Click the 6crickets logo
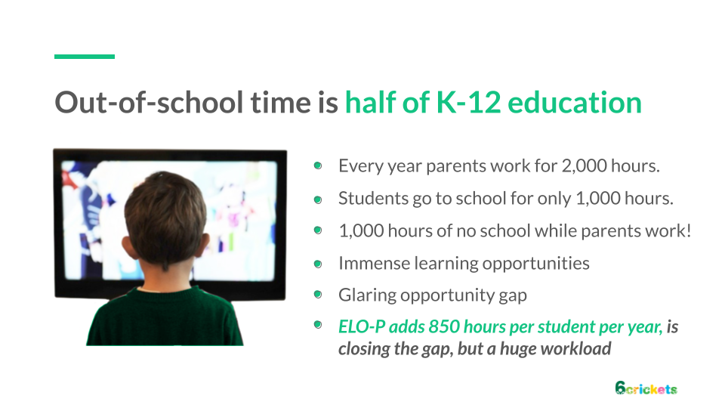click(x=646, y=388)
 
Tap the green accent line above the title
click(x=85, y=57)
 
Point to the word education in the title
click(x=575, y=102)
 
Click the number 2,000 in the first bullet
click(x=584, y=166)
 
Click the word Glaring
click(x=367, y=295)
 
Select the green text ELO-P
click(x=362, y=326)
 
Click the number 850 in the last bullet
click(x=444, y=326)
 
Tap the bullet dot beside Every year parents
click(x=318, y=165)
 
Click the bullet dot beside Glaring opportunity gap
click(x=318, y=294)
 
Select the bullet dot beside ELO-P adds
click(x=318, y=324)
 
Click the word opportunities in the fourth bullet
click(x=536, y=264)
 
